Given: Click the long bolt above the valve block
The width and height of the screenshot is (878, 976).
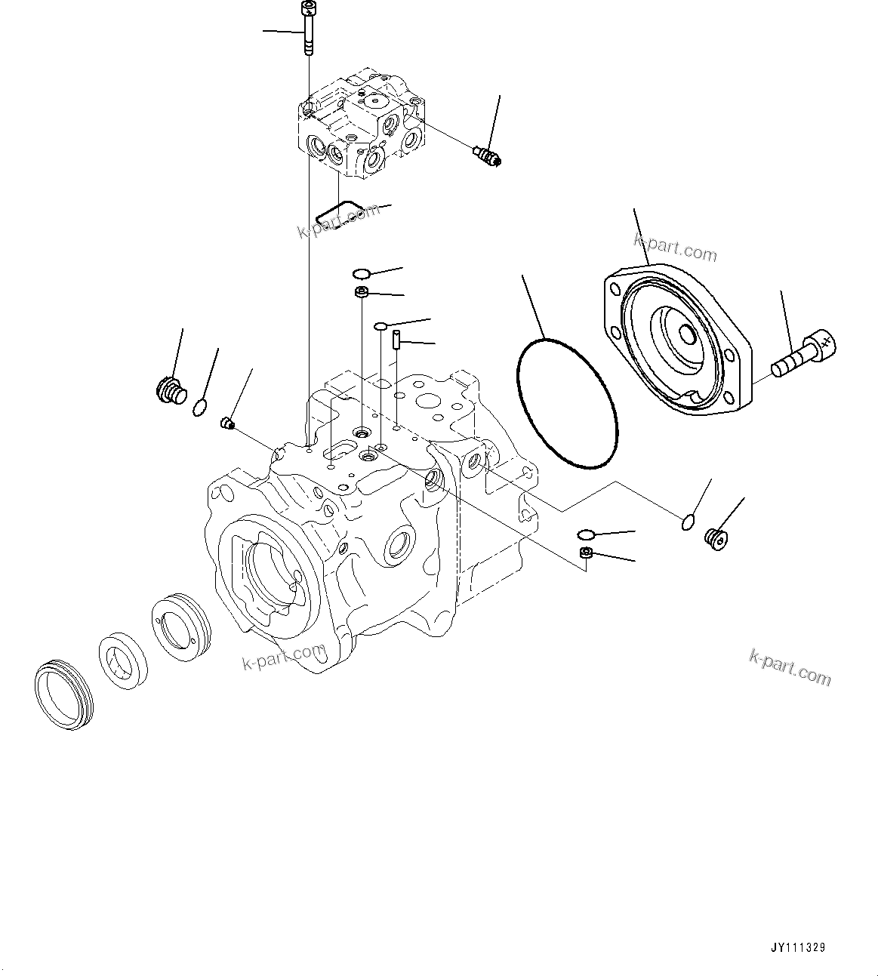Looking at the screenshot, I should pos(308,30).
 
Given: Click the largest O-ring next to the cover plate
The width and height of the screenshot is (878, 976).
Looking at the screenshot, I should pos(567,403).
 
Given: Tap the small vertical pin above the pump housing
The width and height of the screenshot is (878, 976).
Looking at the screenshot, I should pos(395,337).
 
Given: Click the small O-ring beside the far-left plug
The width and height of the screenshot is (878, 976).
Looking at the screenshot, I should pos(199,408).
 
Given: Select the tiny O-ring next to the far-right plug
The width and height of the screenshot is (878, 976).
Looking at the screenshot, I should pos(685,522).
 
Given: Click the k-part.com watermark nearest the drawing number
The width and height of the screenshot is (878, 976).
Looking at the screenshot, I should pos(790,667).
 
